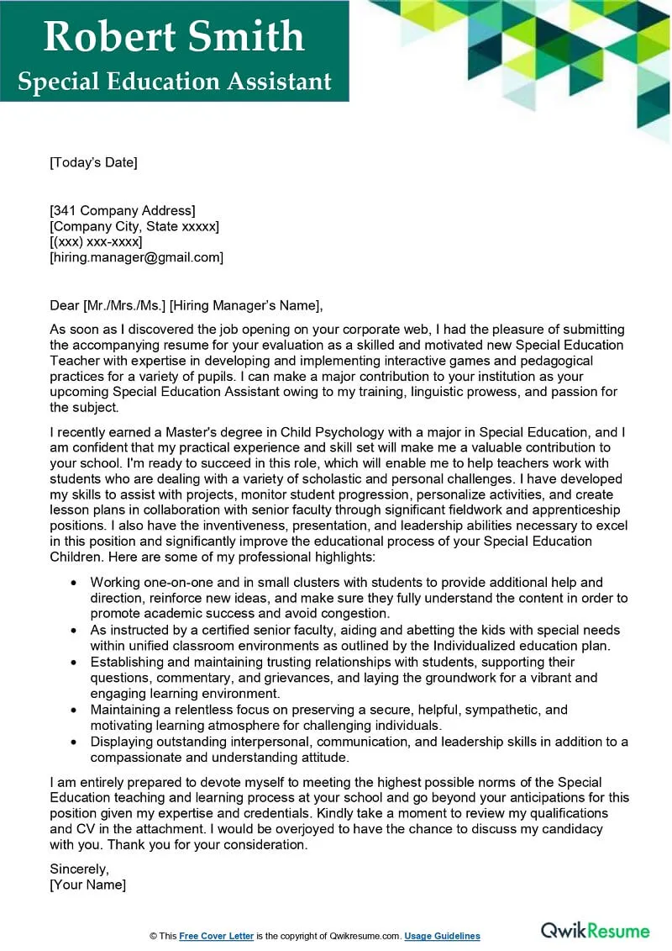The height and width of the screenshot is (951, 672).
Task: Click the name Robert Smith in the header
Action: [174, 36]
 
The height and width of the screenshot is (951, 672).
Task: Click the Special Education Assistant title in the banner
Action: [174, 81]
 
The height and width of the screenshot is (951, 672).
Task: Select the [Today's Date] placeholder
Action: [93, 162]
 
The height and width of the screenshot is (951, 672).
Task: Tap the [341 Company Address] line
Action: [123, 210]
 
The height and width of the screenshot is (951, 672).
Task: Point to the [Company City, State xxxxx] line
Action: [134, 226]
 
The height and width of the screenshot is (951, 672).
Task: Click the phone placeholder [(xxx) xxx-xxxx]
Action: [96, 242]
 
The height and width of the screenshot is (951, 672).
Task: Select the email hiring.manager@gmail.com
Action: [137, 258]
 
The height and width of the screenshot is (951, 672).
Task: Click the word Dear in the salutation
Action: [65, 305]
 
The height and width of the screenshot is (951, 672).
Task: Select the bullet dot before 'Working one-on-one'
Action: [75, 583]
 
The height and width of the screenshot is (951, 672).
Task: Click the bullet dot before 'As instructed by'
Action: [75, 631]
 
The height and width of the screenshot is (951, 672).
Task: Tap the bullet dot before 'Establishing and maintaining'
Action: [75, 663]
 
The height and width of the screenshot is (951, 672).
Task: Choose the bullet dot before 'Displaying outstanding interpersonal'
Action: [75, 742]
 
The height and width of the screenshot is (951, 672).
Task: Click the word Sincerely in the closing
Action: [80, 869]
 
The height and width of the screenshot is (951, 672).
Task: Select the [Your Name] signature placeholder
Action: [88, 885]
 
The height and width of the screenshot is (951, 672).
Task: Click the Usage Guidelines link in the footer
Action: [442, 936]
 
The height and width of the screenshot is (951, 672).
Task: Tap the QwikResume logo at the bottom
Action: [595, 931]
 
